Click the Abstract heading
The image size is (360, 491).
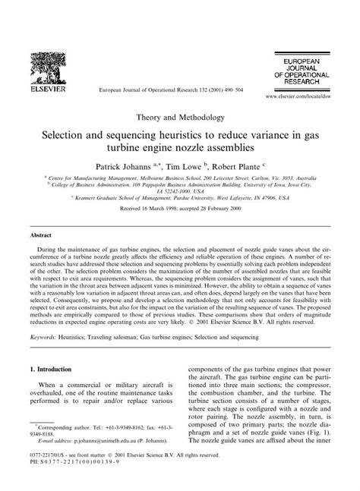40,237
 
